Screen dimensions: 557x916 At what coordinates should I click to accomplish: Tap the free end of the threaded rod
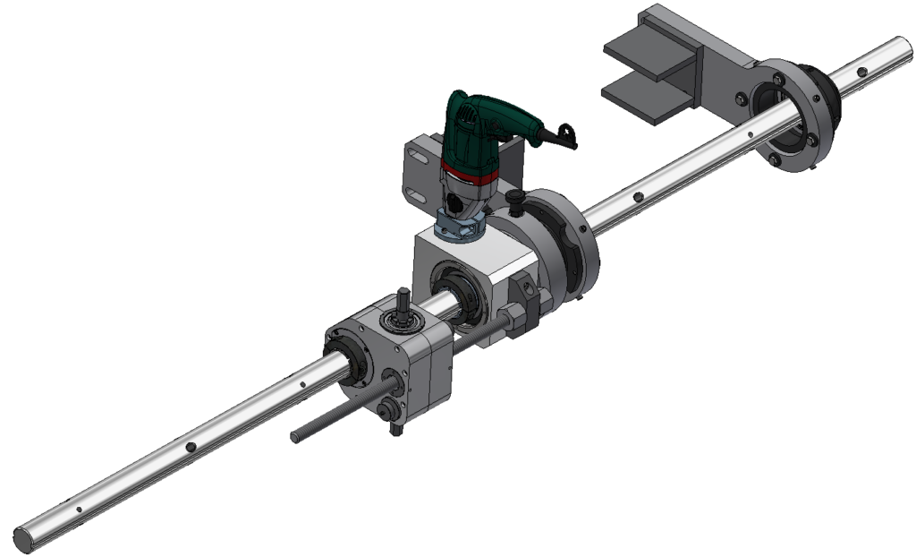pyautogui.click(x=296, y=437)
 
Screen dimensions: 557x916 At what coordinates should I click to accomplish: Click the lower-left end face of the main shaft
pyautogui.click(x=24, y=540)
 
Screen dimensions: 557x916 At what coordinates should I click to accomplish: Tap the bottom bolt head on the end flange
pyautogui.click(x=775, y=160)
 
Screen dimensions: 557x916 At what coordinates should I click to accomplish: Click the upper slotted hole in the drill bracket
pyautogui.click(x=412, y=158)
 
